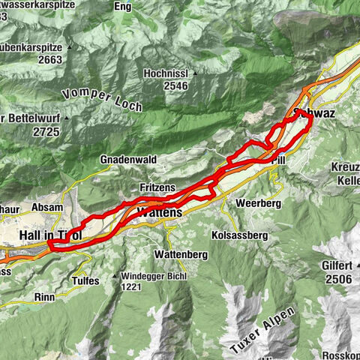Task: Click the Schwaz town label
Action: point(313,112)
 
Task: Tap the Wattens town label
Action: point(159,213)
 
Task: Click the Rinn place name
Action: point(45,296)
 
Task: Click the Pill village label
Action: point(279,160)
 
